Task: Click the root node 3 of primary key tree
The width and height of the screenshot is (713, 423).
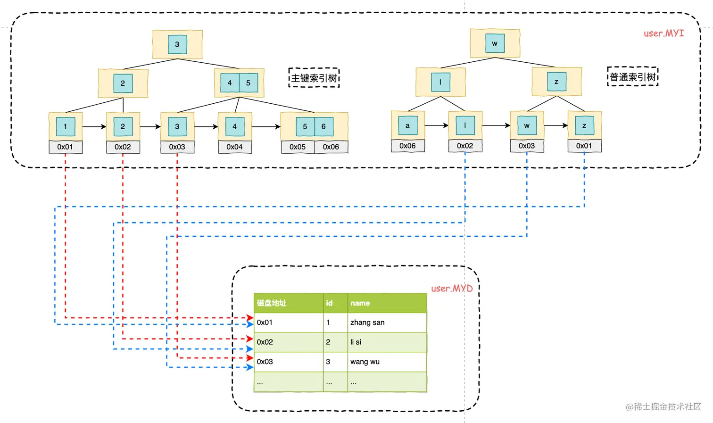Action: pyautogui.click(x=177, y=44)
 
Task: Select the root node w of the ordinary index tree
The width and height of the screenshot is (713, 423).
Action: pyautogui.click(x=495, y=43)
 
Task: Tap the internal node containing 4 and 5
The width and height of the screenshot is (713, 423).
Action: pyautogui.click(x=239, y=83)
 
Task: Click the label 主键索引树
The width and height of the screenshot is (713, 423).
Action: pyautogui.click(x=314, y=78)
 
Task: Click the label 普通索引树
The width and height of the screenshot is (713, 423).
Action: pyautogui.click(x=632, y=77)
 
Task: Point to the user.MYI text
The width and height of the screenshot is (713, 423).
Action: pyautogui.click(x=663, y=33)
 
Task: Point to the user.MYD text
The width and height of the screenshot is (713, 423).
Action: pyautogui.click(x=451, y=288)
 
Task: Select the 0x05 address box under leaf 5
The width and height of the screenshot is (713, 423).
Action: pyautogui.click(x=298, y=147)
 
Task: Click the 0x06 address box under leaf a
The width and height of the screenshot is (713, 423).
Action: pyautogui.click(x=407, y=146)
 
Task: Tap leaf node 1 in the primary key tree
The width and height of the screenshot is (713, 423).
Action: pyautogui.click(x=66, y=126)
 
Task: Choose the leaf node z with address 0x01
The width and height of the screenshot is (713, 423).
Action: pyautogui.click(x=584, y=125)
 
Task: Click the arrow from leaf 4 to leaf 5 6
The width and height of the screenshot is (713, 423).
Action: pyautogui.click(x=266, y=126)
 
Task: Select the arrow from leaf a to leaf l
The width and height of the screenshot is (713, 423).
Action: pyautogui.click(x=437, y=125)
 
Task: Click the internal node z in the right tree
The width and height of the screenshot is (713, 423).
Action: pyautogui.click(x=556, y=82)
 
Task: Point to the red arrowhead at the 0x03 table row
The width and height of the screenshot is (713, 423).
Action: pyautogui.click(x=250, y=358)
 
